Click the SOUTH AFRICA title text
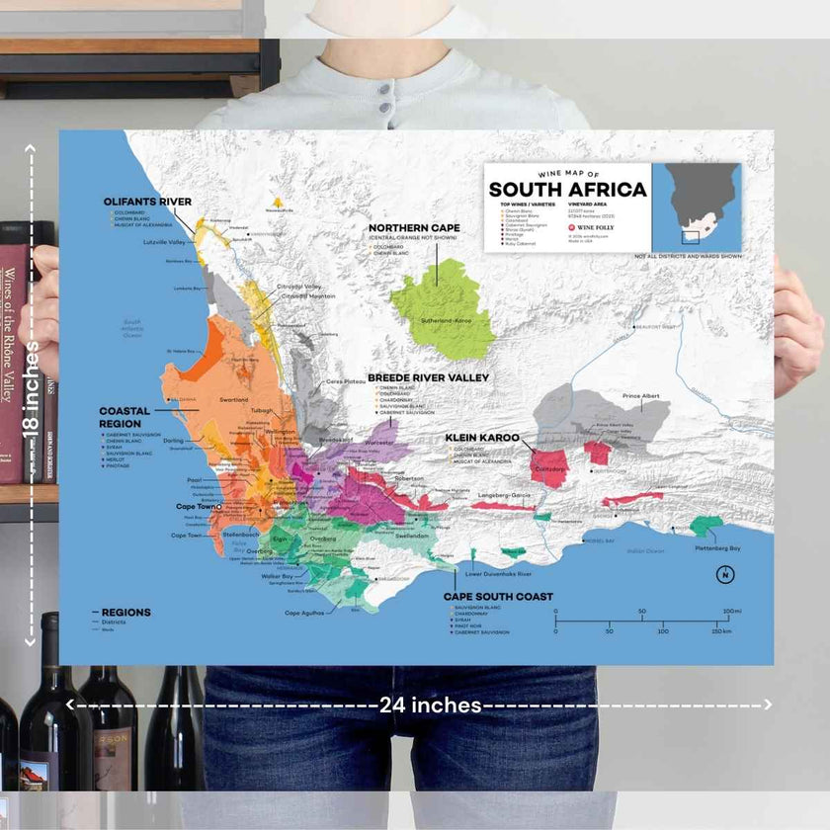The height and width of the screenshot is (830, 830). [x=567, y=190]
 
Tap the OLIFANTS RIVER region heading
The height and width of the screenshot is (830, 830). [x=147, y=202]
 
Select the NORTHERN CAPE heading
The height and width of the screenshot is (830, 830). [x=414, y=228]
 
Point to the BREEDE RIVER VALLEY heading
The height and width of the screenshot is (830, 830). [x=428, y=377]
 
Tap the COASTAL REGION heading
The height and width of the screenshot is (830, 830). [x=124, y=416]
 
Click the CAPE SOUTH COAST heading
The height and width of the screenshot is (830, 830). [x=498, y=597]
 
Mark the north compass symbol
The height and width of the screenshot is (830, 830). [x=724, y=575]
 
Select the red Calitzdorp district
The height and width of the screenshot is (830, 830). [x=549, y=465]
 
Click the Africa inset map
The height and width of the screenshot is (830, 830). [x=702, y=207]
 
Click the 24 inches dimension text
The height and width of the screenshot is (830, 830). [x=431, y=705]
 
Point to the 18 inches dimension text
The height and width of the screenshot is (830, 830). [x=32, y=395]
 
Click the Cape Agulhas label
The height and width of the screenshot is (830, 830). [x=305, y=614]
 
